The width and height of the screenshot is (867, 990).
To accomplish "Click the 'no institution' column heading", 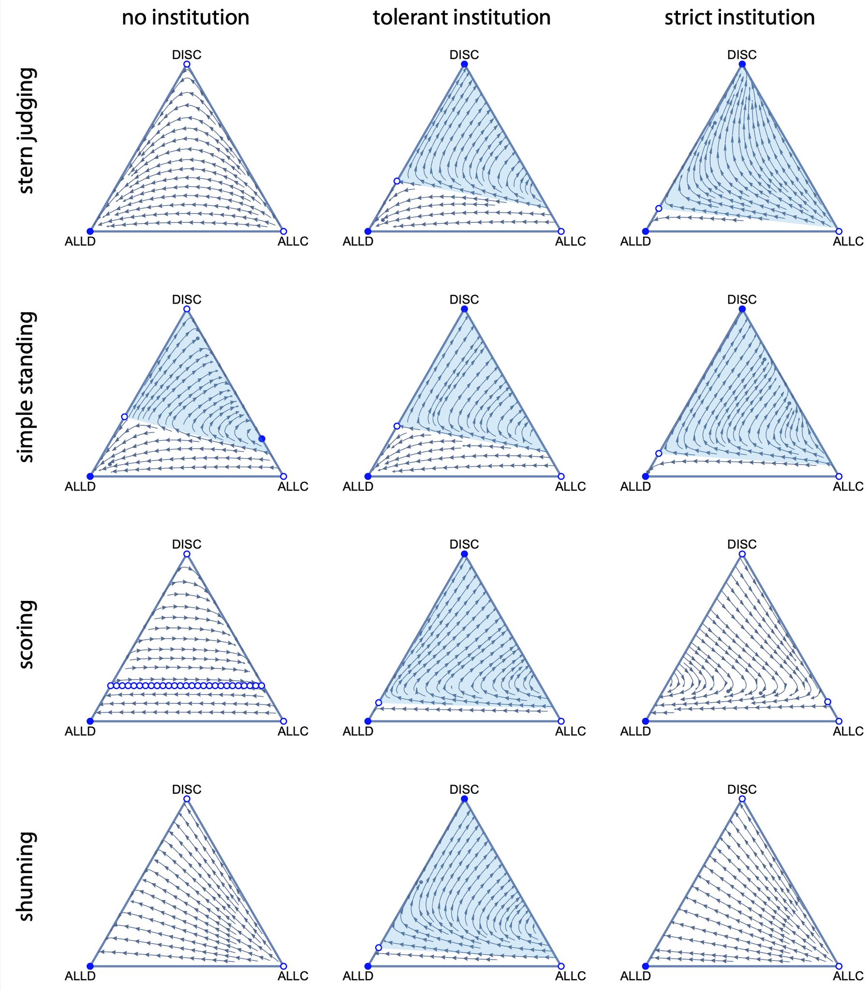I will (x=185, y=18).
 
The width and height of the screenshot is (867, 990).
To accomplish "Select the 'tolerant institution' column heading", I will (x=462, y=18).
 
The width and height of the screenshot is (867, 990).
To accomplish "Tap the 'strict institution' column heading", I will (x=739, y=18).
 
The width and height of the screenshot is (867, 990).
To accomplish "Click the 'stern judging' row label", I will (x=26, y=131).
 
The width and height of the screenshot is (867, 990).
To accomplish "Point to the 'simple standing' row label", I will (x=26, y=387).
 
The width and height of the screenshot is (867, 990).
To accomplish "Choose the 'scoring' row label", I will (x=26, y=634).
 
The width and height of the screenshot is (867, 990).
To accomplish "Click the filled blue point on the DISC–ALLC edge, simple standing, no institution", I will (x=262, y=438).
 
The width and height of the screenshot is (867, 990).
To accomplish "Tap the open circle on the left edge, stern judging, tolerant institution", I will (x=397, y=181).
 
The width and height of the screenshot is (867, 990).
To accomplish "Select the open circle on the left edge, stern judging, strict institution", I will (x=659, y=208).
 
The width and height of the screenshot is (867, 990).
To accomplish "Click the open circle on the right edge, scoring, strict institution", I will (x=827, y=702).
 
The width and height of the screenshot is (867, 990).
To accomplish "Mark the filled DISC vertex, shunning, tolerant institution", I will (x=465, y=799).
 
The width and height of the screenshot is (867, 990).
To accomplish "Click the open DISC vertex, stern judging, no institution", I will (x=187, y=64).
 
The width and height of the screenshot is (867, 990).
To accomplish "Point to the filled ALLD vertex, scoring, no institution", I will (x=90, y=721).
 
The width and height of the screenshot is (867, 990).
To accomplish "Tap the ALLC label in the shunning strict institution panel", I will (x=848, y=976).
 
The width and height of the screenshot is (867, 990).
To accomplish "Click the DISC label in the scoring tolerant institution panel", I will (x=464, y=544).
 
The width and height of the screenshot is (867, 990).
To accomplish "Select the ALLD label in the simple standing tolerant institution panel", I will (x=358, y=486).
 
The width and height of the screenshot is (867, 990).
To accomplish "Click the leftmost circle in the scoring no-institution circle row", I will (x=110, y=685).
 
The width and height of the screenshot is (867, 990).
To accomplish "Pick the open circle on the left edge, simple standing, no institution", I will (x=124, y=416).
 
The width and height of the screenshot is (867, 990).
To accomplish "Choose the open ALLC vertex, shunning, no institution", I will (x=283, y=966).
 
